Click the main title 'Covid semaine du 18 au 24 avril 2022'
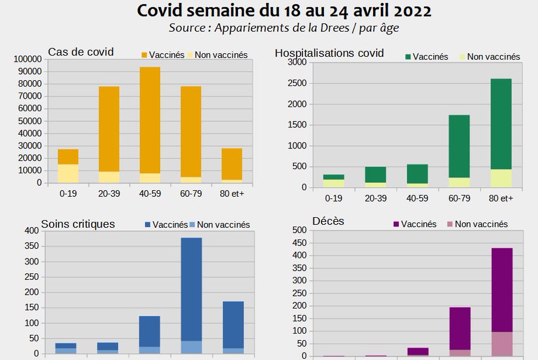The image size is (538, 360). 284,11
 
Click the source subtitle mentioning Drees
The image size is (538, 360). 283,28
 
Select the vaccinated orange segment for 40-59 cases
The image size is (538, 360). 150,120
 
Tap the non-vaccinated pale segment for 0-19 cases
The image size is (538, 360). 68,173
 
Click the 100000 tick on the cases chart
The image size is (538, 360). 27,59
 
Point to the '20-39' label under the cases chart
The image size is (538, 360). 109,194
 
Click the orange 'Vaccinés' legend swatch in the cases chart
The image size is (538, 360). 144,55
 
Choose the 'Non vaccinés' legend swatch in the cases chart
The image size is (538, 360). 191,55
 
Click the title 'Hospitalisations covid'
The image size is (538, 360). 329,53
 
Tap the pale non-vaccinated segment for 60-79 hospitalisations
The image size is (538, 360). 459,182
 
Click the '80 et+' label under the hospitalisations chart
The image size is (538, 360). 501,199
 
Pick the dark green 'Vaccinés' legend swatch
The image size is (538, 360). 408,57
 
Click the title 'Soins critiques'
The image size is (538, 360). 78,224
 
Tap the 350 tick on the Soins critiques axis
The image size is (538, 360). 31,246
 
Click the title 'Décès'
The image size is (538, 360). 328,222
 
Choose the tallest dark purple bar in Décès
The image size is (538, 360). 502,289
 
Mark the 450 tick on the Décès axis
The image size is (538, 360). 299,243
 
